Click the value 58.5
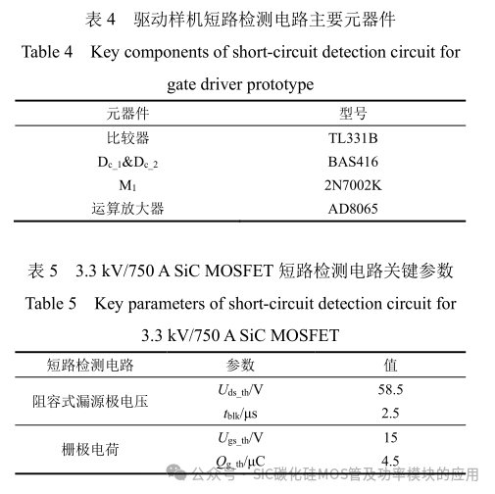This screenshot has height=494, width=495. [391, 390]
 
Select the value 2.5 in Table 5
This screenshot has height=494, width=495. [391, 414]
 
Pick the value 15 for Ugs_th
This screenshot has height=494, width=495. [391, 438]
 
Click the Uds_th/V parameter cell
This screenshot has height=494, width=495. [240, 390]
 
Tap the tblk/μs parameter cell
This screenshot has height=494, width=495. [240, 414]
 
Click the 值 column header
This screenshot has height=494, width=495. [391, 365]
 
